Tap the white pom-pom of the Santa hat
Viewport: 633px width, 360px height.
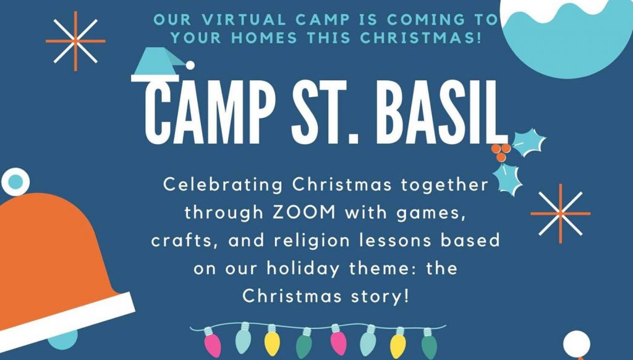pyautogui.click(x=190, y=65)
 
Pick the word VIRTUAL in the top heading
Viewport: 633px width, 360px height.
pyautogui.click(x=245, y=20)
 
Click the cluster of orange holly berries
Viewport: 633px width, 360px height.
pyautogui.click(x=501, y=152)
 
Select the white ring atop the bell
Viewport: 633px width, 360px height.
pyautogui.click(x=15, y=182)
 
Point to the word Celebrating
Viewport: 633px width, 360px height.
pyautogui.click(x=223, y=186)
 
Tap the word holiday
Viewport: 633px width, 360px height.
pyautogui.click(x=303, y=269)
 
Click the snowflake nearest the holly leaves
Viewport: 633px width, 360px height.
pyautogui.click(x=560, y=214)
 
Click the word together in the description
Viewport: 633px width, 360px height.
pyautogui.click(x=444, y=186)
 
